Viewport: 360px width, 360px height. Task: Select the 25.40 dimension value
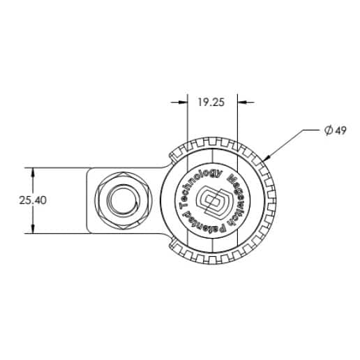click(31, 200)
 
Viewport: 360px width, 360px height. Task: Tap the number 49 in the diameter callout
click(340, 131)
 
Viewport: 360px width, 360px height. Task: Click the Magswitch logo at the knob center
click(211, 202)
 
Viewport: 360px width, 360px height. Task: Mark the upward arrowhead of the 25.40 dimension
click(31, 172)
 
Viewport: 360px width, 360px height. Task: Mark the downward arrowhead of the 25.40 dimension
click(31, 230)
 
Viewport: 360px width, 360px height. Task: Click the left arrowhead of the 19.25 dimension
click(183, 102)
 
